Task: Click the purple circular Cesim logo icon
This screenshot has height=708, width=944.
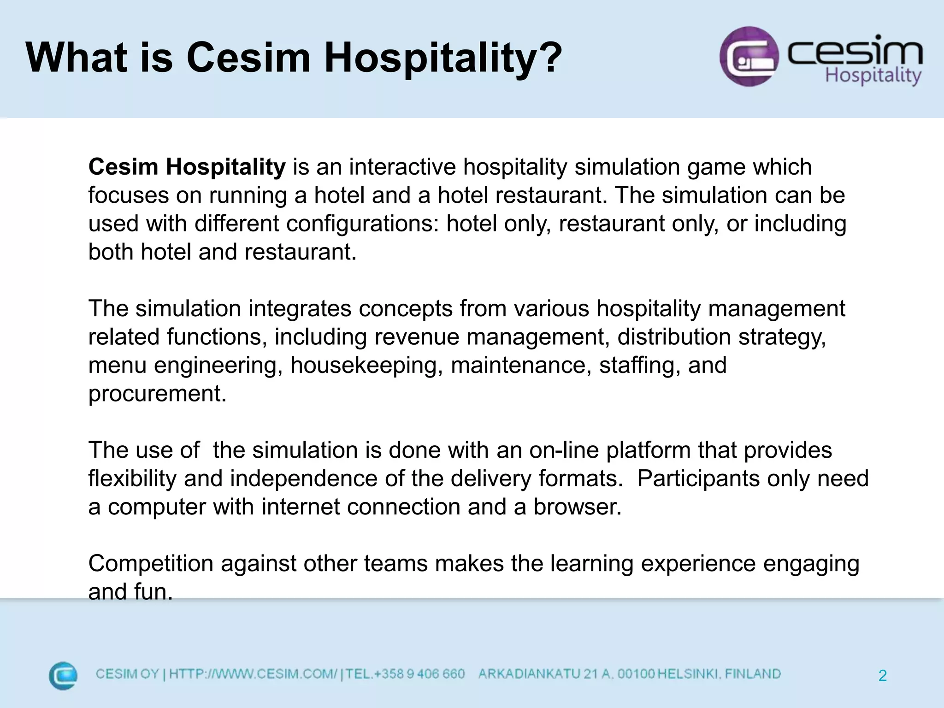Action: (749, 56)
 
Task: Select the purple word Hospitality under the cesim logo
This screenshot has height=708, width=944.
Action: (873, 75)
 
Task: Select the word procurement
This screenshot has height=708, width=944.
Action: (157, 394)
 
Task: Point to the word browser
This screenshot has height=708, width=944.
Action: (577, 507)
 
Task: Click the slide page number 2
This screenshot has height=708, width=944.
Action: (882, 676)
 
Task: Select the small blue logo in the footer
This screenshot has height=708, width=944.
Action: (63, 675)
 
